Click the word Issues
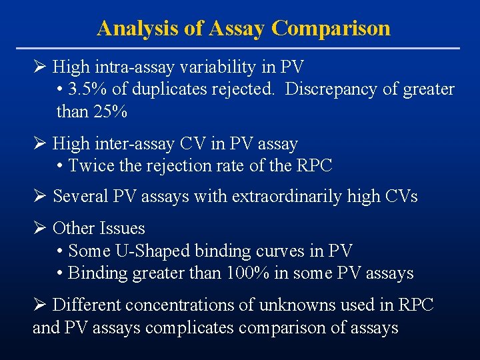point(121,229)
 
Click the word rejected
point(243,89)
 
